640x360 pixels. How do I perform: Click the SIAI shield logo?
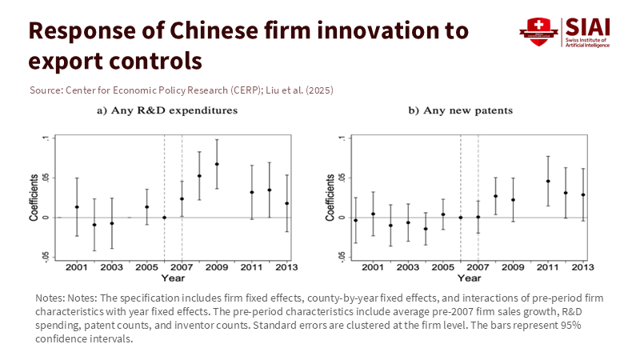pos(538,32)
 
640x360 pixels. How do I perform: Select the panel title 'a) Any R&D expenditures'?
pos(167,110)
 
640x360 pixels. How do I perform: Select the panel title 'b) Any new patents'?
pos(461,110)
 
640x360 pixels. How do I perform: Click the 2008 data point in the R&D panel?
pos(199,176)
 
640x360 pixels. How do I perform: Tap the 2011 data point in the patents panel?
pos(548,181)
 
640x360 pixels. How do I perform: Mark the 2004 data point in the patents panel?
pos(426,229)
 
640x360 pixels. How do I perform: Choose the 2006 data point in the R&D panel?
pos(164,218)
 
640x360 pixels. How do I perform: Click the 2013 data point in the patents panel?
pos(582,194)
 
